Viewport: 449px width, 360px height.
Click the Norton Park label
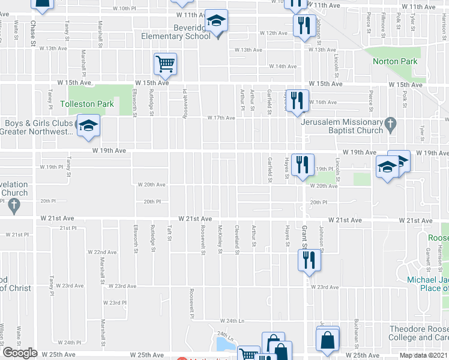point(394,61)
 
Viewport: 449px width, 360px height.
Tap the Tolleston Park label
point(87,104)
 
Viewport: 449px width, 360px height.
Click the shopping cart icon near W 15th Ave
point(165,63)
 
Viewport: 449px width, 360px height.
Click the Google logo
point(20,353)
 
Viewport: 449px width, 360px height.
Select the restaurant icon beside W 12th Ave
point(302,26)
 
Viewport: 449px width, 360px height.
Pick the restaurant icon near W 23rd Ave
point(308,260)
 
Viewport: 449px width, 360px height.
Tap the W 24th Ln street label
point(233,321)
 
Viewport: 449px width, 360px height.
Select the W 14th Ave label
point(283,67)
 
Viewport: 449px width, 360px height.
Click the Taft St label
point(170,234)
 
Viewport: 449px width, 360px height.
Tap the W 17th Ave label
point(221,118)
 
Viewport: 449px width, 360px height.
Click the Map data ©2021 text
point(423,355)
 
